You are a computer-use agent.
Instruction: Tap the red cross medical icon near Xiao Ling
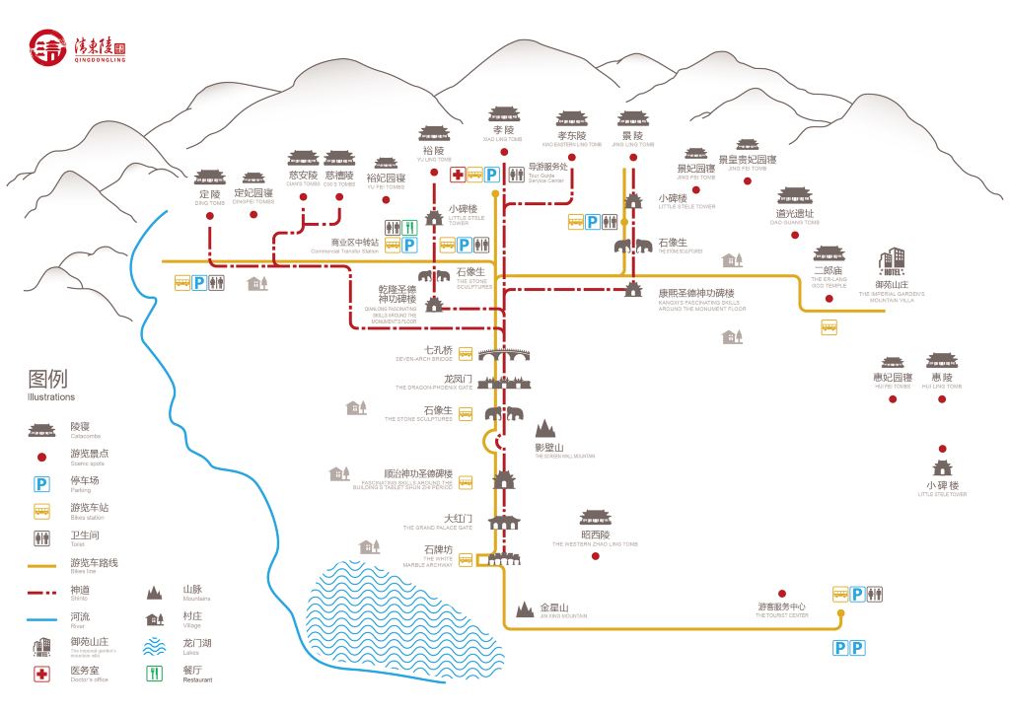pos(458,176)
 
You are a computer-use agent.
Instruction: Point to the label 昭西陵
pos(595,535)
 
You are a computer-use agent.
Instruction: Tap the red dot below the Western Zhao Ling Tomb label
pos(596,556)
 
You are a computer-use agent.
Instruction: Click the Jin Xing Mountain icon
pos(524,609)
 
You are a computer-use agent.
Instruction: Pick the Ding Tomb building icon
pos(209,178)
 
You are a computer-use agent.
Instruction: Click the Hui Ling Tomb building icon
pos(942,361)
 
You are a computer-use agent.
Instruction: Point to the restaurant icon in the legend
pos(153,675)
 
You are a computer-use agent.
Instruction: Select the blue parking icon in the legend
pos(42,484)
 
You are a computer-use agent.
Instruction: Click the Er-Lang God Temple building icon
pos(829,254)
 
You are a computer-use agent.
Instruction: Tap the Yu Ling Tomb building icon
pos(434,134)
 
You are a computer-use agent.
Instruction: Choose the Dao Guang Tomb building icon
pos(795,196)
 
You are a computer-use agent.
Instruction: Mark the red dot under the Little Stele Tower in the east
pos(942,449)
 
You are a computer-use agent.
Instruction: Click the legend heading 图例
pos(47,380)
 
